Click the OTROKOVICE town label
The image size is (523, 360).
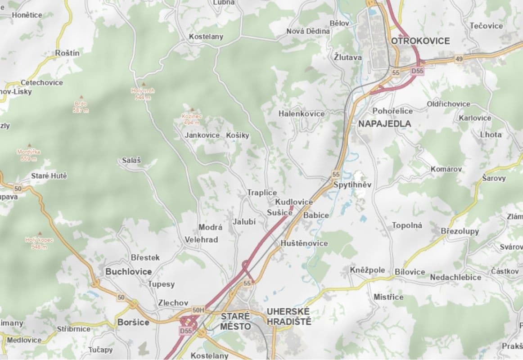(x=420, y=41)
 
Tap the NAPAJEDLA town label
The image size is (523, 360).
(x=384, y=123)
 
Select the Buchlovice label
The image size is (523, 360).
(x=128, y=272)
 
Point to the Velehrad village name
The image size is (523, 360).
(x=201, y=240)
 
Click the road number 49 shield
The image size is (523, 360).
(x=459, y=59)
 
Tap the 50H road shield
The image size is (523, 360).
(x=198, y=310)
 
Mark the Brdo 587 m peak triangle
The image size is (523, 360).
(x=81, y=97)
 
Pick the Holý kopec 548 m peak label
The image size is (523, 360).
(x=39, y=243)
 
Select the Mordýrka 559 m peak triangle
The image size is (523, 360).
(x=30, y=145)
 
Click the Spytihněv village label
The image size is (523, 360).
(x=352, y=185)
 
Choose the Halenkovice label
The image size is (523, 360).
(x=302, y=114)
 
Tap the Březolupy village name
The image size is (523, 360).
(x=460, y=231)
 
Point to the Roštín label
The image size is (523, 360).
(x=68, y=53)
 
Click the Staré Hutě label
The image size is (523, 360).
(x=49, y=176)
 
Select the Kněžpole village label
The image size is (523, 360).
(x=367, y=270)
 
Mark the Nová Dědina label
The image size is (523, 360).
(x=308, y=31)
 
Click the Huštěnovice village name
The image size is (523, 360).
(x=304, y=243)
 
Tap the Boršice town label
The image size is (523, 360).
(x=133, y=322)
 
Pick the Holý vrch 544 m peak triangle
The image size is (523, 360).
(x=144, y=84)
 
